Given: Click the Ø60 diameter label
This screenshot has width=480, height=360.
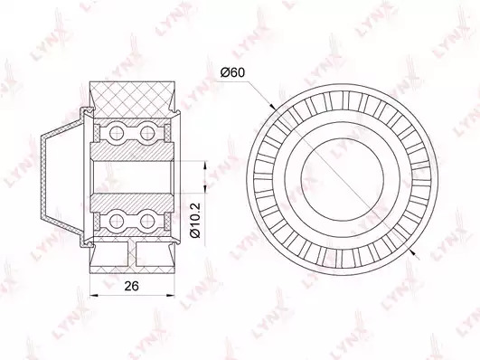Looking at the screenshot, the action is coord(233,73).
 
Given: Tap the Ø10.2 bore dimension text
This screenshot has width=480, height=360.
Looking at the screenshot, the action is coord(195,220).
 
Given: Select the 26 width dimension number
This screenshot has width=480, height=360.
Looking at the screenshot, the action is coord(132,286).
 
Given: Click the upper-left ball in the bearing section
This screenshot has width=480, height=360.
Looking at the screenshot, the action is coord(117,133).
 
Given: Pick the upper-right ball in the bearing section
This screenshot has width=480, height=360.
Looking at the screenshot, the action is coord(147,133).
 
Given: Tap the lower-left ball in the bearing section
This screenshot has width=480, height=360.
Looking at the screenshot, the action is coord(117,220).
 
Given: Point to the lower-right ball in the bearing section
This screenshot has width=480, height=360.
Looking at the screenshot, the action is coord(147,220).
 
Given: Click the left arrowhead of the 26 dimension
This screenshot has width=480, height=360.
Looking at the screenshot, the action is coord(93,296).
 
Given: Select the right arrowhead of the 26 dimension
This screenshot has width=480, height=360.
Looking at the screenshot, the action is coord(171,296).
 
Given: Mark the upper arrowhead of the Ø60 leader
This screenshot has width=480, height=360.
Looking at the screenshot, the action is coord(272,106).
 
